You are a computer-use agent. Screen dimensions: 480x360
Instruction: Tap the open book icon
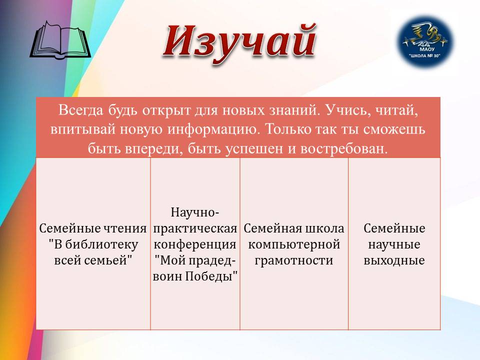(x=60, y=40)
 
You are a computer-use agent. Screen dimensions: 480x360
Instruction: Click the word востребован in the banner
(x=344, y=148)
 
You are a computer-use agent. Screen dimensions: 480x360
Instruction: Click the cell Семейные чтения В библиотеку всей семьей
(x=93, y=244)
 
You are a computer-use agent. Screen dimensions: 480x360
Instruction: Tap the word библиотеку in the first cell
(x=101, y=244)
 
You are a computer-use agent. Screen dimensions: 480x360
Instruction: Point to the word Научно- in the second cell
(x=195, y=212)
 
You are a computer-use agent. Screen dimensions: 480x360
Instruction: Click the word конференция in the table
(x=195, y=244)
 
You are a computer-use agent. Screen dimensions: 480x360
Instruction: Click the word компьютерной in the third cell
(x=294, y=244)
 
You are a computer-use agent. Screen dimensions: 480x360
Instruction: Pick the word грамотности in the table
(x=294, y=260)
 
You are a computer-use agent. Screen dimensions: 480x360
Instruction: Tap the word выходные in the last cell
(x=394, y=260)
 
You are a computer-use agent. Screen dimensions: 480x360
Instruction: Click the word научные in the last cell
(x=394, y=244)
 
